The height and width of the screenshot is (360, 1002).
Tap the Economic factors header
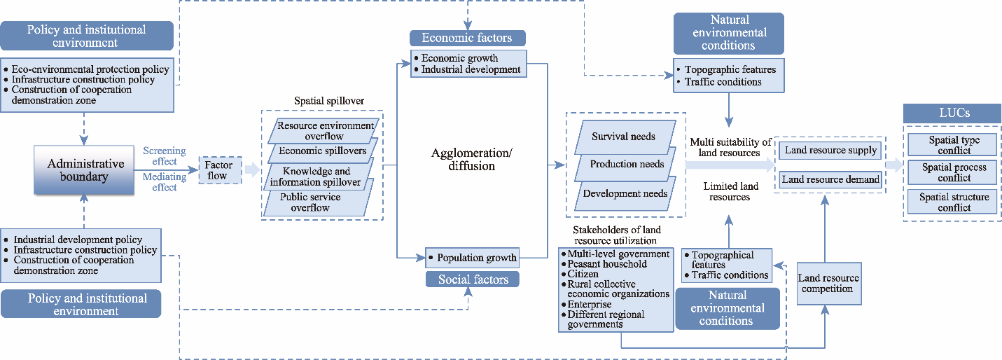(x=467, y=38)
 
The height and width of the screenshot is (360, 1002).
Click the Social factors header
(x=473, y=280)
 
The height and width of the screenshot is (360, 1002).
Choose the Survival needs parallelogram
(x=624, y=137)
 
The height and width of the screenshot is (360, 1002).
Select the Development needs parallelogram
(x=625, y=193)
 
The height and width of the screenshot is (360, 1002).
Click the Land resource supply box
(x=829, y=151)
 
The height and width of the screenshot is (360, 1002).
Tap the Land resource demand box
(x=830, y=179)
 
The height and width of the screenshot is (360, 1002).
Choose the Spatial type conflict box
(x=954, y=145)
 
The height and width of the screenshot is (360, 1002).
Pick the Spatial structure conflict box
(x=954, y=202)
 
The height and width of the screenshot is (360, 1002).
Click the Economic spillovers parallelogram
(x=318, y=151)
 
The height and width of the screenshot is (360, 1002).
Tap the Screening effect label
(x=164, y=155)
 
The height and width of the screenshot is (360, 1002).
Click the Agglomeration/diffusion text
(x=463, y=160)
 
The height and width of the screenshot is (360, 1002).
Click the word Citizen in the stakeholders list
(x=583, y=275)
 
